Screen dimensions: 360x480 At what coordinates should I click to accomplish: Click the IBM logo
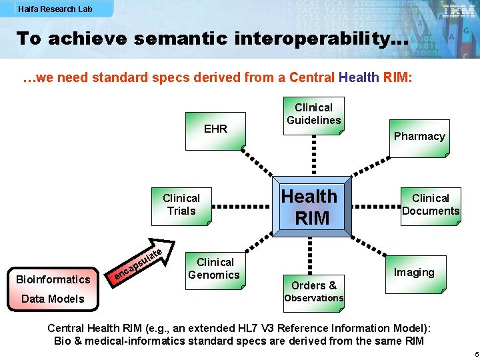[459, 11]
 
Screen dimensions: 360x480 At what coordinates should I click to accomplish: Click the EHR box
[215, 129]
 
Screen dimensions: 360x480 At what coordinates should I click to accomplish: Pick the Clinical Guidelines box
[313, 114]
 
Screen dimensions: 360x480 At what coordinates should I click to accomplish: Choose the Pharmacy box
[419, 137]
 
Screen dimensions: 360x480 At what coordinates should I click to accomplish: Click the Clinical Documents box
[430, 205]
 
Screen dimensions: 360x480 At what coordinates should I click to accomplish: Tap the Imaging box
[413, 273]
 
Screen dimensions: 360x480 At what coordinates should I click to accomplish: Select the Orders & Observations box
[313, 291]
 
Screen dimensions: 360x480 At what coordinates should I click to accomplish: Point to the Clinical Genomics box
[214, 269]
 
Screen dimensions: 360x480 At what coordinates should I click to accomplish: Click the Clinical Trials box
[181, 205]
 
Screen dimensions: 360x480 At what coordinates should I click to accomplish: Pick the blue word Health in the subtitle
[359, 78]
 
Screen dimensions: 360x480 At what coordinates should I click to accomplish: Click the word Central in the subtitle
[311, 78]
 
